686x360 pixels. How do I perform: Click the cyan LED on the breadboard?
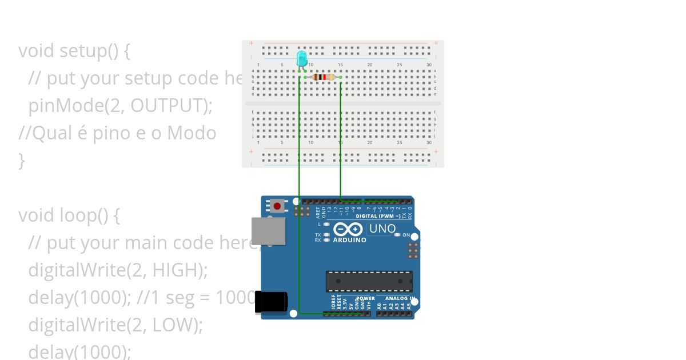point(302,58)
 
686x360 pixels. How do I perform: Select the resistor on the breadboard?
point(323,77)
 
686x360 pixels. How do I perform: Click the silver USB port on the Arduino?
point(268,231)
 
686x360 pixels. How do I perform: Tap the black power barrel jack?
point(270,302)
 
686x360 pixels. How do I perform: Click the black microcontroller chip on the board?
point(369,281)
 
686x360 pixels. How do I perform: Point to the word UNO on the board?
point(382,229)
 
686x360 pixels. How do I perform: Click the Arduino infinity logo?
point(348,230)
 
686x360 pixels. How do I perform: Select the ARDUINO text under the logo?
point(349,241)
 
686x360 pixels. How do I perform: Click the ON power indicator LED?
point(397,235)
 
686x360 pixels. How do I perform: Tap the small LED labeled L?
point(326,224)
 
